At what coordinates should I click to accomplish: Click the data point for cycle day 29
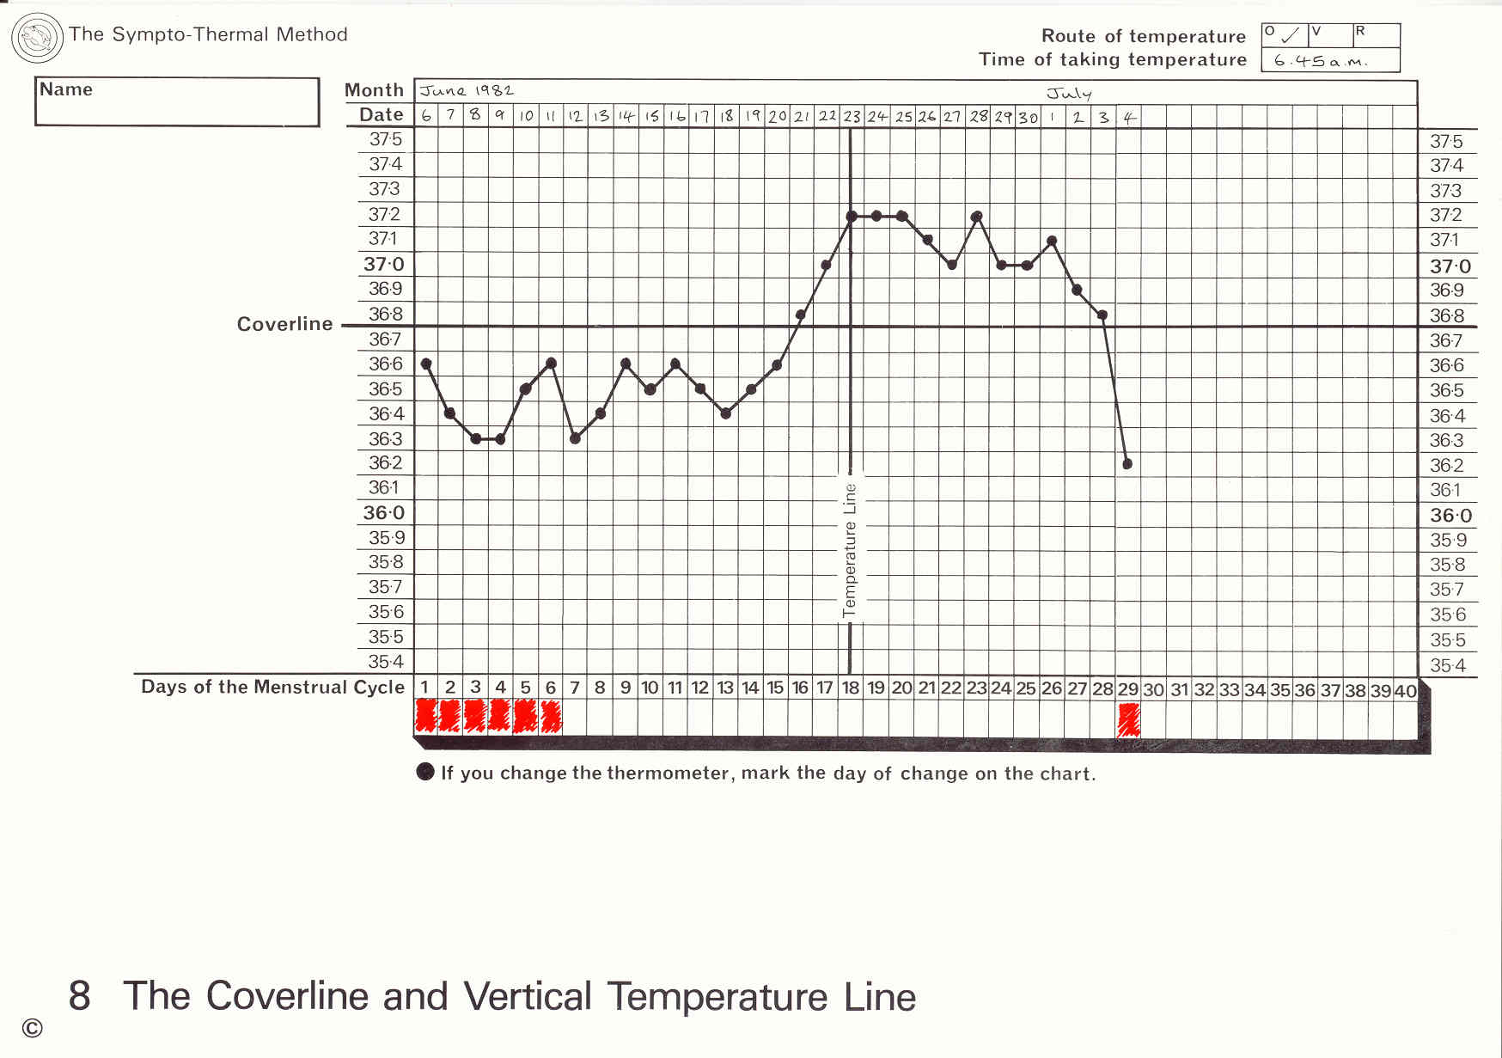click(1127, 464)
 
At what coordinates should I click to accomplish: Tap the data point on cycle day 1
click(426, 364)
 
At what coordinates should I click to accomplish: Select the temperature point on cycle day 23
click(976, 217)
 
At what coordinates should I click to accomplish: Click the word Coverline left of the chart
click(284, 324)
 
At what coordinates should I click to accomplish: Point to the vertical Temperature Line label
click(850, 550)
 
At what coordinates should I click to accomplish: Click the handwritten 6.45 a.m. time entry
click(1320, 61)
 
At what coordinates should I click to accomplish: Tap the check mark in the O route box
click(1290, 36)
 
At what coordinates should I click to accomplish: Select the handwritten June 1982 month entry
click(467, 91)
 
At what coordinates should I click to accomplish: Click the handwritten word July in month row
click(1068, 93)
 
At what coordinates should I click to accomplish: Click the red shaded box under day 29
click(1128, 719)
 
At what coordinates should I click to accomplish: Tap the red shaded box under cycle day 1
click(425, 716)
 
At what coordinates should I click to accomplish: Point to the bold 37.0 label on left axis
click(383, 265)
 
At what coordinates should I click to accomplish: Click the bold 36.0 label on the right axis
click(1450, 516)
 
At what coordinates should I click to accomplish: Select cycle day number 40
click(1405, 690)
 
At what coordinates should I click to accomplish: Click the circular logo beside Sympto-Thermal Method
click(37, 38)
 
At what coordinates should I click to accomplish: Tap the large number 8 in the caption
click(79, 996)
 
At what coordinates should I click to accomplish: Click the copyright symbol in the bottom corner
click(33, 1028)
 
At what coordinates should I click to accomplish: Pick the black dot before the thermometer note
click(425, 771)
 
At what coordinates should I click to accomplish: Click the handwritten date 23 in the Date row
click(852, 116)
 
